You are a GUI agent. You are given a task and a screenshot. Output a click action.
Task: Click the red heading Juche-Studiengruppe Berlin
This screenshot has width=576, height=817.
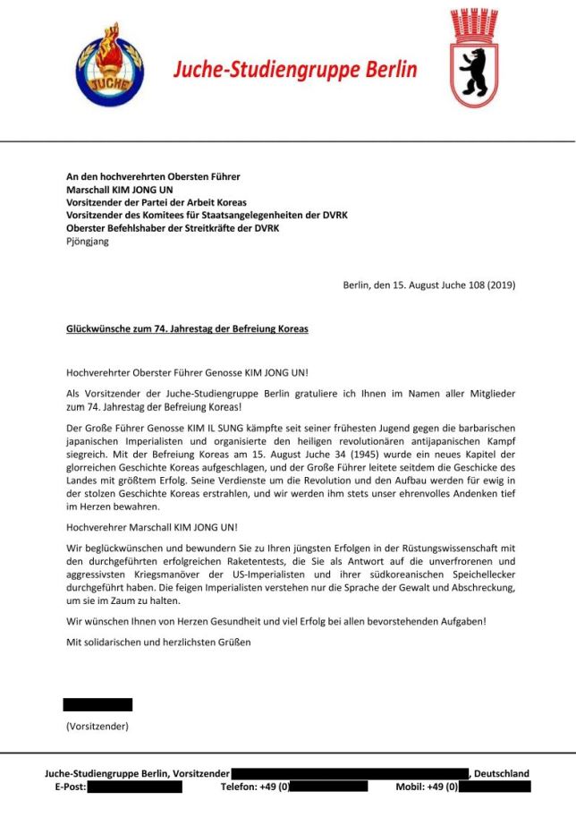(295, 69)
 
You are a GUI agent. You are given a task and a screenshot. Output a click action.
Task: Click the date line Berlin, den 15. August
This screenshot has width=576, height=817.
(428, 285)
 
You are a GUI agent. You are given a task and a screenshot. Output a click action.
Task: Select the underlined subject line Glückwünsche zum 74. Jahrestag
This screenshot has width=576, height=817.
(187, 328)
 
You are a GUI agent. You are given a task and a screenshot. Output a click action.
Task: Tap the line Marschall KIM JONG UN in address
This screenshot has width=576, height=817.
(120, 190)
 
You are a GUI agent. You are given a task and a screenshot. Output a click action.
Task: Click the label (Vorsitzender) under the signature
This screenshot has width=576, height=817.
(97, 726)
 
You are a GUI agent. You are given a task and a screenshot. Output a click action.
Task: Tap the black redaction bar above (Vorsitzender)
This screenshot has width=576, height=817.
(97, 704)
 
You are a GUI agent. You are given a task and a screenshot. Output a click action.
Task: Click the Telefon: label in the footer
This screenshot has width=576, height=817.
(241, 787)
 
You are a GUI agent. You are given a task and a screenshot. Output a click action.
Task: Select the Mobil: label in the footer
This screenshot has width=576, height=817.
(414, 787)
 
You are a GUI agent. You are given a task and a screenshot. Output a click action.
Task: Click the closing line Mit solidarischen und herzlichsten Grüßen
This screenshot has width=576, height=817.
(159, 642)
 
